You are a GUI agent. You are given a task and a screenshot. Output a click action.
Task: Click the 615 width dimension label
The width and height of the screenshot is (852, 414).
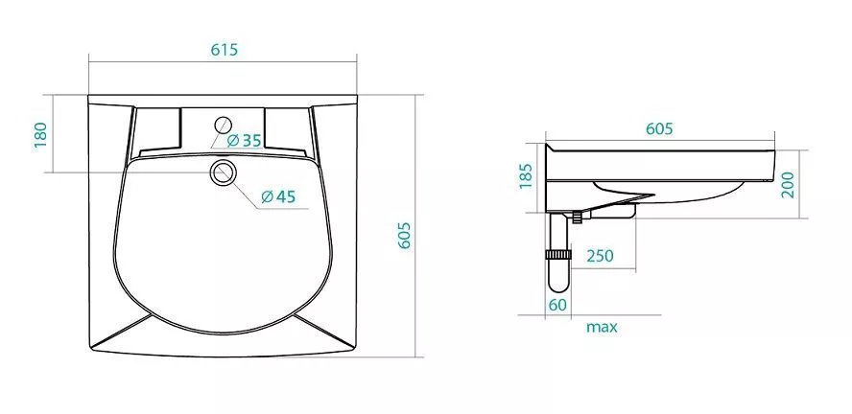pyautogui.click(x=225, y=50)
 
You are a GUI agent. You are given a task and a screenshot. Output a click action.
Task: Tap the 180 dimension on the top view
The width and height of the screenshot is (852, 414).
pyautogui.click(x=40, y=135)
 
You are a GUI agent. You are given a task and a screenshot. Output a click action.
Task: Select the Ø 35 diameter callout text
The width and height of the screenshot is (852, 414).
pyautogui.click(x=244, y=141)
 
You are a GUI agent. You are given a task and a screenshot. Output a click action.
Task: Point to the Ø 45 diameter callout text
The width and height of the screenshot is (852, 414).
pyautogui.click(x=278, y=196)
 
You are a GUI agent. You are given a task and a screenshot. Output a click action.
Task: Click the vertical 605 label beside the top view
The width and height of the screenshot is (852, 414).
pyautogui.click(x=404, y=235)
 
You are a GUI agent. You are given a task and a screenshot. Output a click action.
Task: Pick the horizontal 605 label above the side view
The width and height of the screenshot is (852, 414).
pyautogui.click(x=660, y=128)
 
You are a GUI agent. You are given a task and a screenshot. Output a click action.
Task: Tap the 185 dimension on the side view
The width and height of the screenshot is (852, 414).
pyautogui.click(x=526, y=175)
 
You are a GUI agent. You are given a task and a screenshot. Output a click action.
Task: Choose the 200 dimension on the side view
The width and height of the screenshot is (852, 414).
pyautogui.click(x=788, y=185)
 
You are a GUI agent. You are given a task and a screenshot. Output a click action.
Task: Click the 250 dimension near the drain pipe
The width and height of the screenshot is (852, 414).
pyautogui.click(x=600, y=256)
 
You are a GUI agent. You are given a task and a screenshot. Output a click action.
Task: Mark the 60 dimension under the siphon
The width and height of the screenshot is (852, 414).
pyautogui.click(x=557, y=305)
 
